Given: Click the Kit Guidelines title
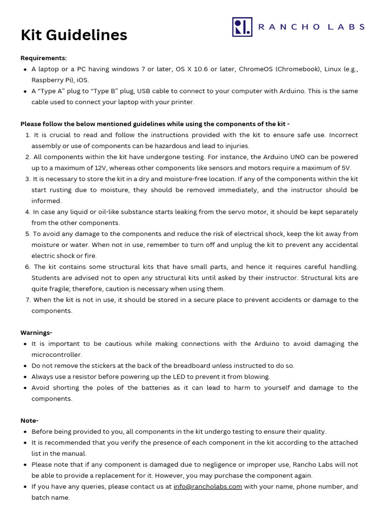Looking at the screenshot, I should [x=74, y=35].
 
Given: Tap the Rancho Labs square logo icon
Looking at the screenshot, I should [x=242, y=27].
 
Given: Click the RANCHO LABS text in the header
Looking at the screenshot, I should [x=312, y=27].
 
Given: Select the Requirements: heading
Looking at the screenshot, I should [x=43, y=58].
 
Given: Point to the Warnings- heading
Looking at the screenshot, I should [x=36, y=333].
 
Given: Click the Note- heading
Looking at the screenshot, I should [x=29, y=421].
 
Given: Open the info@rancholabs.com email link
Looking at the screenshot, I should [x=208, y=486].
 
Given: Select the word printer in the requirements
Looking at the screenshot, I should [x=183, y=102].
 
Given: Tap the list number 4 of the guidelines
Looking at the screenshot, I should [x=28, y=212].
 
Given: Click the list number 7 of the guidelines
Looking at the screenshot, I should [x=28, y=300].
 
